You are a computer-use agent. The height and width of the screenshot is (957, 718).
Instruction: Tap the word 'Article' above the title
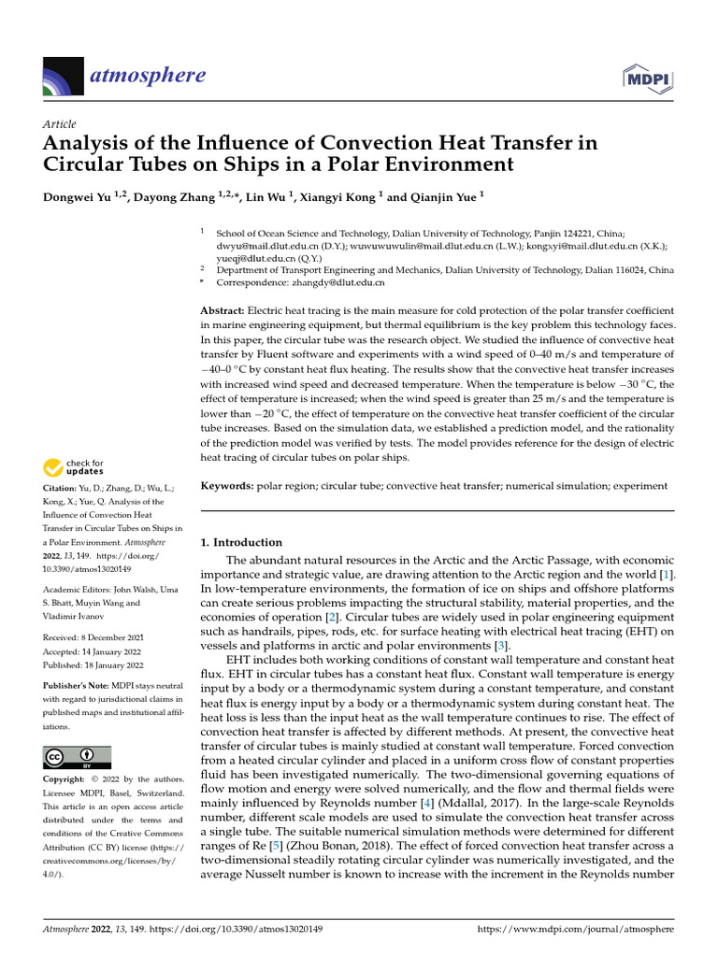point(60,124)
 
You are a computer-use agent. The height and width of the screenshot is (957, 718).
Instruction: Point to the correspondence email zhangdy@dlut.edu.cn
point(340,281)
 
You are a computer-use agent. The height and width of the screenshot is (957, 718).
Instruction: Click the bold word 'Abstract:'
point(223,309)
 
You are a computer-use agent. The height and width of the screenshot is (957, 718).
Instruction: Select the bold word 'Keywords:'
point(227,486)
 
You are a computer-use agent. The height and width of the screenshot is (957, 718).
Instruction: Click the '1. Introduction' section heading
point(241,542)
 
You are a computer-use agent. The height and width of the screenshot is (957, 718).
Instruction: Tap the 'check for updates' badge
point(75,467)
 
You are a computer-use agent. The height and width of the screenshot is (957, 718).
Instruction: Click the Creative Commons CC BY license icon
point(77,758)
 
